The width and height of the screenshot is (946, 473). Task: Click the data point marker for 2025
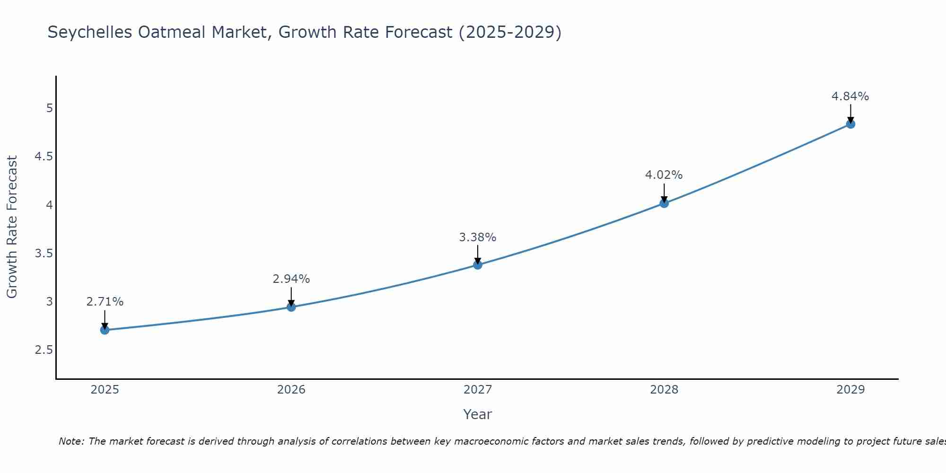(x=105, y=330)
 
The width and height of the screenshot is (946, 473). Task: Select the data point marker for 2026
(x=291, y=307)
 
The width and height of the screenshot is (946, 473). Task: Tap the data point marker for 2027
(x=478, y=265)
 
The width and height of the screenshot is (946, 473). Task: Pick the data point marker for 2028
(x=664, y=203)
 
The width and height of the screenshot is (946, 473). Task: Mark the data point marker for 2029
(x=850, y=124)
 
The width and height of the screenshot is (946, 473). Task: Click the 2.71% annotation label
(x=105, y=302)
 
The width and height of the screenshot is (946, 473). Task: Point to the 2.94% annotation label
(x=291, y=279)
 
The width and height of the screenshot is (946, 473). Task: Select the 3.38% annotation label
(x=478, y=237)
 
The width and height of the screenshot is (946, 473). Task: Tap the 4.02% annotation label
(x=664, y=175)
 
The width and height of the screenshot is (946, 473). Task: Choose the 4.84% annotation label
(x=850, y=96)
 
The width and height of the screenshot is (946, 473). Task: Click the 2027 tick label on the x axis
(x=478, y=390)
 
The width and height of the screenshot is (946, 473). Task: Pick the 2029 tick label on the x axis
(x=850, y=390)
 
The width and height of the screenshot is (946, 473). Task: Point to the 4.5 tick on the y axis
(x=44, y=157)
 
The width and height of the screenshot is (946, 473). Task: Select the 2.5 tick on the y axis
(x=44, y=350)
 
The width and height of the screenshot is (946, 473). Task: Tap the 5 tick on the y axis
(x=49, y=108)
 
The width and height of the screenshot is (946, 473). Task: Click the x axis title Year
(x=478, y=414)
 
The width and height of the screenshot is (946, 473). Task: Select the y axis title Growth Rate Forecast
(x=12, y=227)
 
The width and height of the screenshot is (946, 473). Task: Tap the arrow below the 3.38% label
(x=478, y=254)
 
